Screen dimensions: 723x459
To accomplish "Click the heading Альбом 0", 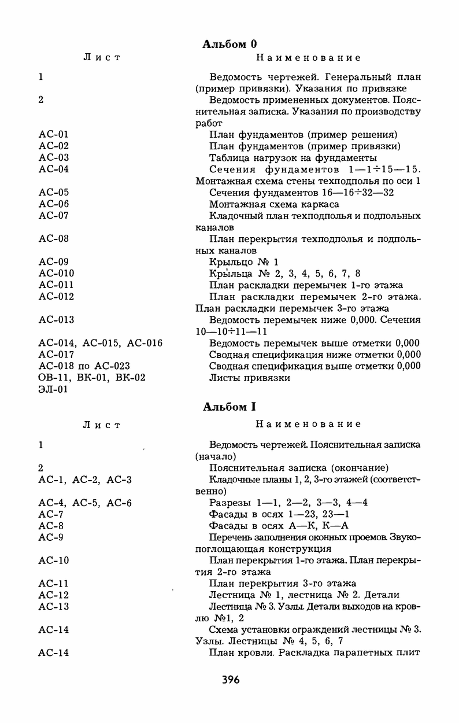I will click(x=229, y=44).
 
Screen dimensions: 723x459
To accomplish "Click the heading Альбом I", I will click(x=229, y=407).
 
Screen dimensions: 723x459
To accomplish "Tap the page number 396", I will click(x=230, y=679).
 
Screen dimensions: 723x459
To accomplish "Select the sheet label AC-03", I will click(x=54, y=157).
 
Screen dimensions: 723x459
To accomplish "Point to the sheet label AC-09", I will click(x=54, y=261).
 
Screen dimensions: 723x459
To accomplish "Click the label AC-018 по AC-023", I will click(x=84, y=366).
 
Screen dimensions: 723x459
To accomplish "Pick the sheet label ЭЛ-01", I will click(x=54, y=389).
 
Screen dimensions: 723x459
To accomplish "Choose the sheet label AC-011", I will click(x=56, y=285).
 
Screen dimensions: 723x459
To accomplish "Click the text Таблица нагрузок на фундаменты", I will click(x=293, y=157).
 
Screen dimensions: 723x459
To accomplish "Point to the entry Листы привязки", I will click(x=250, y=377).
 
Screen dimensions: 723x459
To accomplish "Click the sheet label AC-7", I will click(x=51, y=514).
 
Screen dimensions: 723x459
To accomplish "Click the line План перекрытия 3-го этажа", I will click(x=283, y=583).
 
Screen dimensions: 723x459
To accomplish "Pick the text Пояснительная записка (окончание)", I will click(x=298, y=467).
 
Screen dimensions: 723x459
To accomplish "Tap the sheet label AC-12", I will click(x=54, y=595).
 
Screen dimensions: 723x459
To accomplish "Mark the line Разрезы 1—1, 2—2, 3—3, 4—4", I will click(x=288, y=503).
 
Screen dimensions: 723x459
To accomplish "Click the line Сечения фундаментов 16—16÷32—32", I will click(x=301, y=192).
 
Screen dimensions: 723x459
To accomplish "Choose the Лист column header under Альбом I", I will click(x=102, y=425).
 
